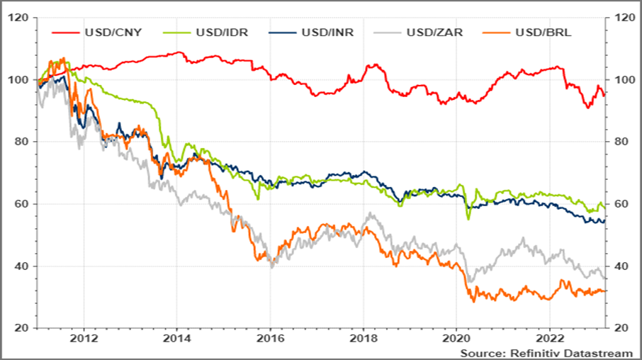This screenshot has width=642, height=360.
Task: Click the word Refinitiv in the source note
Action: pos(526,352)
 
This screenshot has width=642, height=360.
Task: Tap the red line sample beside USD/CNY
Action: pos(65,33)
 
